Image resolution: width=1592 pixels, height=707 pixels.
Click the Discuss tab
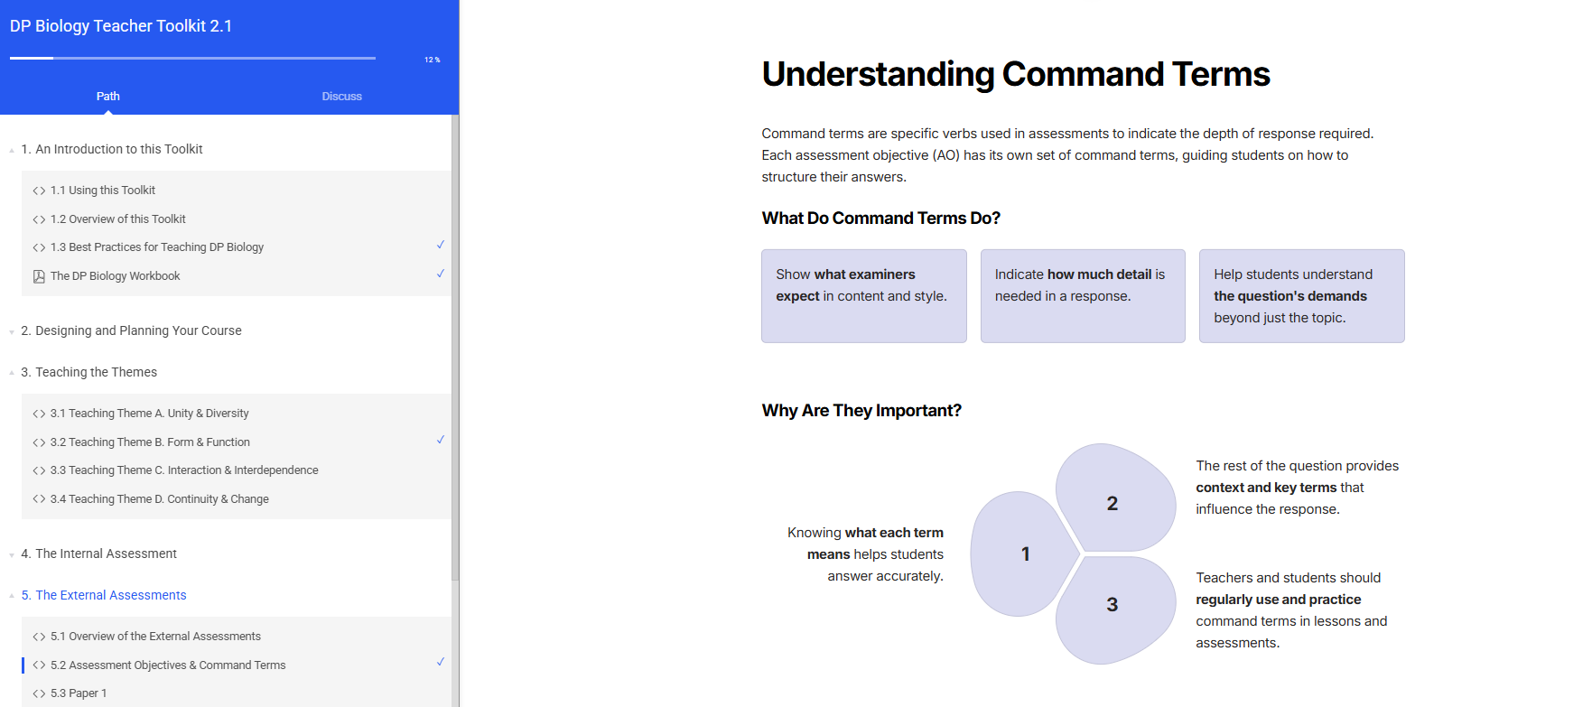click(x=341, y=97)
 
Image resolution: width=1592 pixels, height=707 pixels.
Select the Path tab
click(x=108, y=97)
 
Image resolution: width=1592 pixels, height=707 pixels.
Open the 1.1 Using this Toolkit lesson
click(x=103, y=191)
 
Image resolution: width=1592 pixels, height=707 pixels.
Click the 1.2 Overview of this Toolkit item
click(x=118, y=219)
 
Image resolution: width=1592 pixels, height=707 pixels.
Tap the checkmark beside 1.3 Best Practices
click(x=441, y=245)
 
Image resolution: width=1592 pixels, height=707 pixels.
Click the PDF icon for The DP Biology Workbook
click(x=39, y=276)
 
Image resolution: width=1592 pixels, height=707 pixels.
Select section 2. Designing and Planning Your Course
click(x=131, y=330)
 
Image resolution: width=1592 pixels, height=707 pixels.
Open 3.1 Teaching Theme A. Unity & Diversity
click(x=150, y=414)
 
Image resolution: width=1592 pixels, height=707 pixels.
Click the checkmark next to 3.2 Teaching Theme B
click(x=441, y=440)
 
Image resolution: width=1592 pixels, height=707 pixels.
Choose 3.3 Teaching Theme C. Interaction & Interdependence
click(x=184, y=470)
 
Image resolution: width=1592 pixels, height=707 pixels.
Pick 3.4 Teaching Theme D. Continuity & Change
click(x=160, y=499)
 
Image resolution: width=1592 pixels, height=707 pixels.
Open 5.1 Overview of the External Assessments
click(x=155, y=637)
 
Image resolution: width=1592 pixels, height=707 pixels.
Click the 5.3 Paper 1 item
click(x=79, y=693)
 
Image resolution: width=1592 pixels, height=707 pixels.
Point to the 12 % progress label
click(x=433, y=60)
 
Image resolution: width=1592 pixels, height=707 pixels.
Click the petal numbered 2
click(x=1115, y=498)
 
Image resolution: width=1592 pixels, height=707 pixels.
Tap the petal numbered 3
click(x=1115, y=609)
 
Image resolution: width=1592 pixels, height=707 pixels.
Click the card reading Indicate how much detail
click(x=1083, y=296)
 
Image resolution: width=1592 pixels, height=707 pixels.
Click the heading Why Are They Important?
click(x=861, y=411)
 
